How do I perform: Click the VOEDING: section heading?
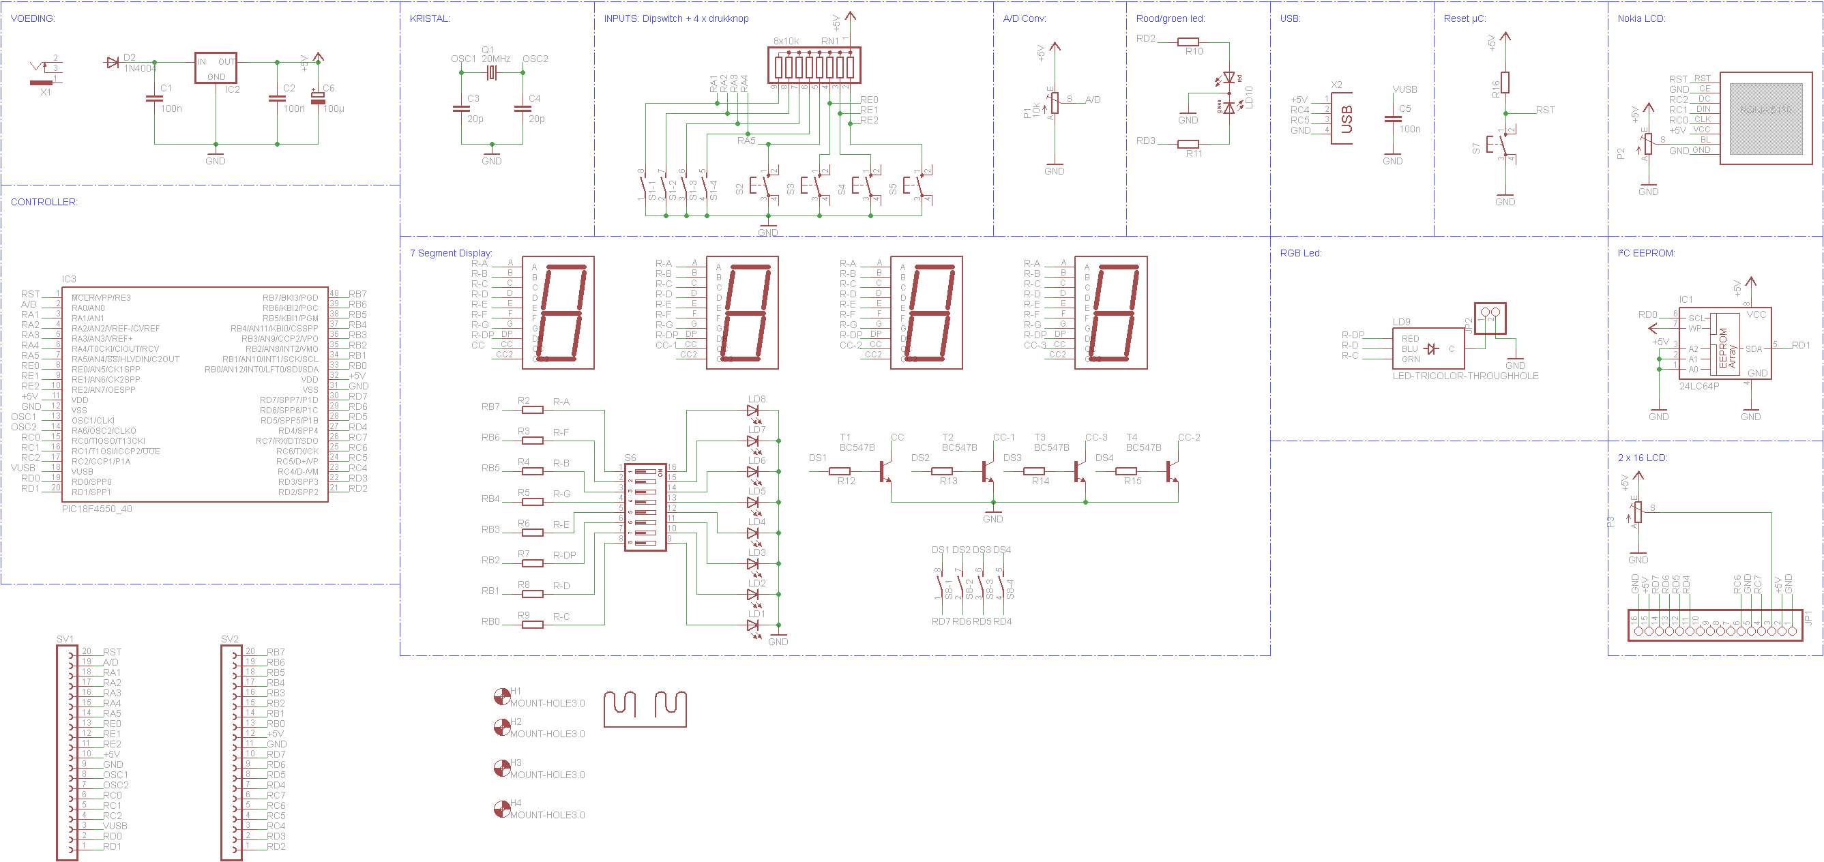(x=33, y=18)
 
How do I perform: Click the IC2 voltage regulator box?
(x=216, y=68)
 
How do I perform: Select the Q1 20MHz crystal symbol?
(x=492, y=72)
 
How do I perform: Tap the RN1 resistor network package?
(x=814, y=65)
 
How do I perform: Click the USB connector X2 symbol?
(x=1342, y=118)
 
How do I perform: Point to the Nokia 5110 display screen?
(x=1766, y=118)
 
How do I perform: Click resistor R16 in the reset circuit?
(x=1505, y=83)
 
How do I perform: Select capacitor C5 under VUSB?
(x=1393, y=119)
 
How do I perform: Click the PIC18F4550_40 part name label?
(x=97, y=509)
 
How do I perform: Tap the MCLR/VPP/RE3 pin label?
(x=101, y=298)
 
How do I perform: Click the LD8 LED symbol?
(x=752, y=410)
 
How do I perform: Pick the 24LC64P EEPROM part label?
(x=1698, y=386)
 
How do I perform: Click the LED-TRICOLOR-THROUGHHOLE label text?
(x=1465, y=376)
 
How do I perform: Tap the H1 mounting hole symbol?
(x=502, y=697)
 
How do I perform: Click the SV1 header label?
(x=65, y=638)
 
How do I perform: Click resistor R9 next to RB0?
(x=533, y=624)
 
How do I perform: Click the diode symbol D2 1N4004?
(x=112, y=62)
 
